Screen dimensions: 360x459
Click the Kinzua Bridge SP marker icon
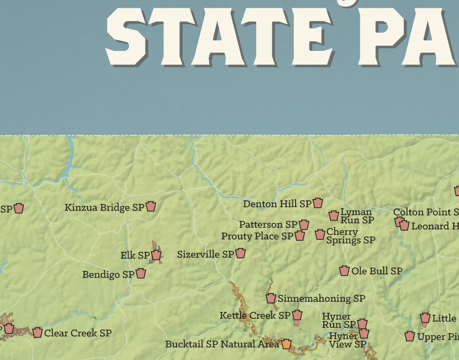(x=151, y=206)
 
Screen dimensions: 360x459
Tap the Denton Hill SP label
(x=277, y=204)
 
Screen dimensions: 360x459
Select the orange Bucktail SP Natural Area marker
(x=286, y=344)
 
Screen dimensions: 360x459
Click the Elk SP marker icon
(x=156, y=255)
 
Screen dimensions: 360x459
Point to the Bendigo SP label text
(x=108, y=275)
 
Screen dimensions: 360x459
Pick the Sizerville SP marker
(x=241, y=253)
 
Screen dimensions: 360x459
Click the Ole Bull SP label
(x=377, y=271)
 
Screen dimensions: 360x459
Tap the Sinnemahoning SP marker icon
(x=271, y=298)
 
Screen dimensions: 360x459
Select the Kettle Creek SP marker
(x=297, y=315)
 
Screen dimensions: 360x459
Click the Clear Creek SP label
(x=78, y=333)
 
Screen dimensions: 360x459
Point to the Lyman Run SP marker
(x=334, y=216)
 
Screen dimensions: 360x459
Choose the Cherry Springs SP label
(x=350, y=236)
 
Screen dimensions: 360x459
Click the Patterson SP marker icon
(x=304, y=224)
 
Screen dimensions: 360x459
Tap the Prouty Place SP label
(x=257, y=236)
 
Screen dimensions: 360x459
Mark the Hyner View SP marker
(x=364, y=333)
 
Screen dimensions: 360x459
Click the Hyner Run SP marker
(x=362, y=324)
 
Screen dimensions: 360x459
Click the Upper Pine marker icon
(x=410, y=337)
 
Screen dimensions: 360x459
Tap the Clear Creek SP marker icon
(x=37, y=332)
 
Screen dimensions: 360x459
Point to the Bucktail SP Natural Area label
(x=222, y=344)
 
